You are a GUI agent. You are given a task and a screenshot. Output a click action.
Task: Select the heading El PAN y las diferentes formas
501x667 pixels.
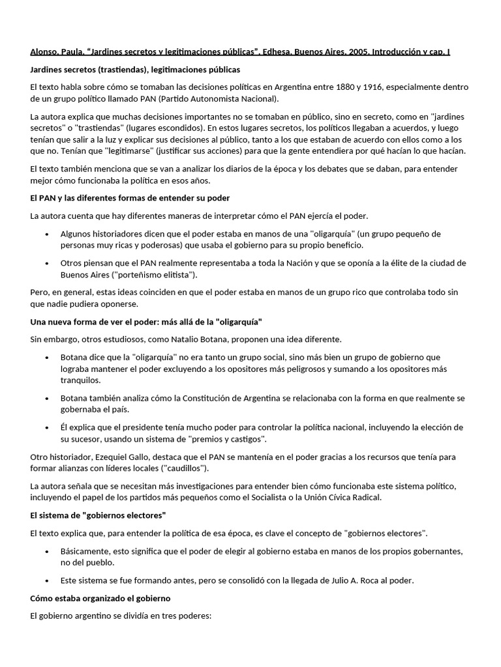(130, 197)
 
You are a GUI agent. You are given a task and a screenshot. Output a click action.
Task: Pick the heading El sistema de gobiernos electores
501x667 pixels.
(98, 515)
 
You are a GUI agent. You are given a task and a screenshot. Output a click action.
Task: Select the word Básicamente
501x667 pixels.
(85, 550)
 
